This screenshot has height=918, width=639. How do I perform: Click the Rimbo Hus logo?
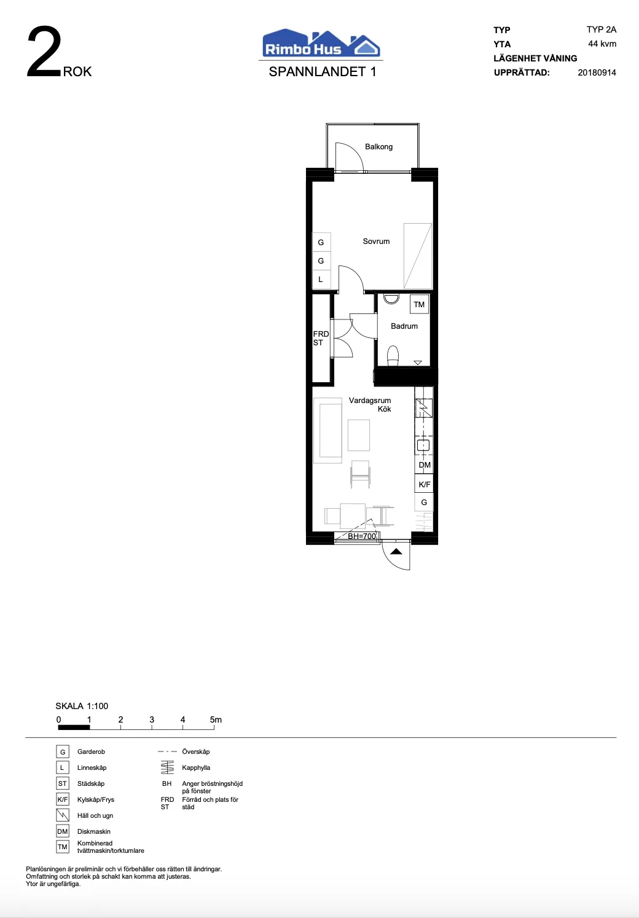pyautogui.click(x=321, y=44)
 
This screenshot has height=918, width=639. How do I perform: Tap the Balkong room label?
pyautogui.click(x=378, y=147)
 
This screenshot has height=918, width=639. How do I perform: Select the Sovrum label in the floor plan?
pyautogui.click(x=376, y=241)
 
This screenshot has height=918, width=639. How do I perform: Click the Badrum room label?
pyautogui.click(x=404, y=326)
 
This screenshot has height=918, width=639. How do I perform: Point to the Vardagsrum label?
pyautogui.click(x=370, y=401)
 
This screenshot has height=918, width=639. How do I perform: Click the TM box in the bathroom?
pyautogui.click(x=419, y=304)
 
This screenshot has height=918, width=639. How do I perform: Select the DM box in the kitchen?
pyautogui.click(x=425, y=465)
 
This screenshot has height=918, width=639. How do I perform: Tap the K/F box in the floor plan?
pyautogui.click(x=425, y=484)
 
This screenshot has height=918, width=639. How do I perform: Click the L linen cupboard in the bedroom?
pyautogui.click(x=321, y=280)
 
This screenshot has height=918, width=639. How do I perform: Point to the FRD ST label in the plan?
pyautogui.click(x=321, y=339)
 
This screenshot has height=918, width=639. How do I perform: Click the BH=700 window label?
pyautogui.click(x=361, y=536)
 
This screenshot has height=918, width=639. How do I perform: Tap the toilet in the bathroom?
pyautogui.click(x=393, y=356)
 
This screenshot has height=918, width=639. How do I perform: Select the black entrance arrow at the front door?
pyautogui.click(x=396, y=551)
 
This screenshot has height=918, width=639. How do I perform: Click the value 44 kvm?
pyautogui.click(x=602, y=44)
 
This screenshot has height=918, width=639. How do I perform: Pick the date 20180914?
pyautogui.click(x=597, y=73)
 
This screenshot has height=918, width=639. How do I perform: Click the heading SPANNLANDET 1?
pyautogui.click(x=322, y=72)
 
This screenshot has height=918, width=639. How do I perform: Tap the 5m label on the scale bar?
pyautogui.click(x=216, y=720)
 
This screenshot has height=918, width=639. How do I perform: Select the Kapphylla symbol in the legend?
pyautogui.click(x=167, y=767)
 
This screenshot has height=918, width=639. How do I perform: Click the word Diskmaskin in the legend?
pyautogui.click(x=94, y=831)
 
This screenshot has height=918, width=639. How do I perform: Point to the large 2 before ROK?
pyautogui.click(x=44, y=54)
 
